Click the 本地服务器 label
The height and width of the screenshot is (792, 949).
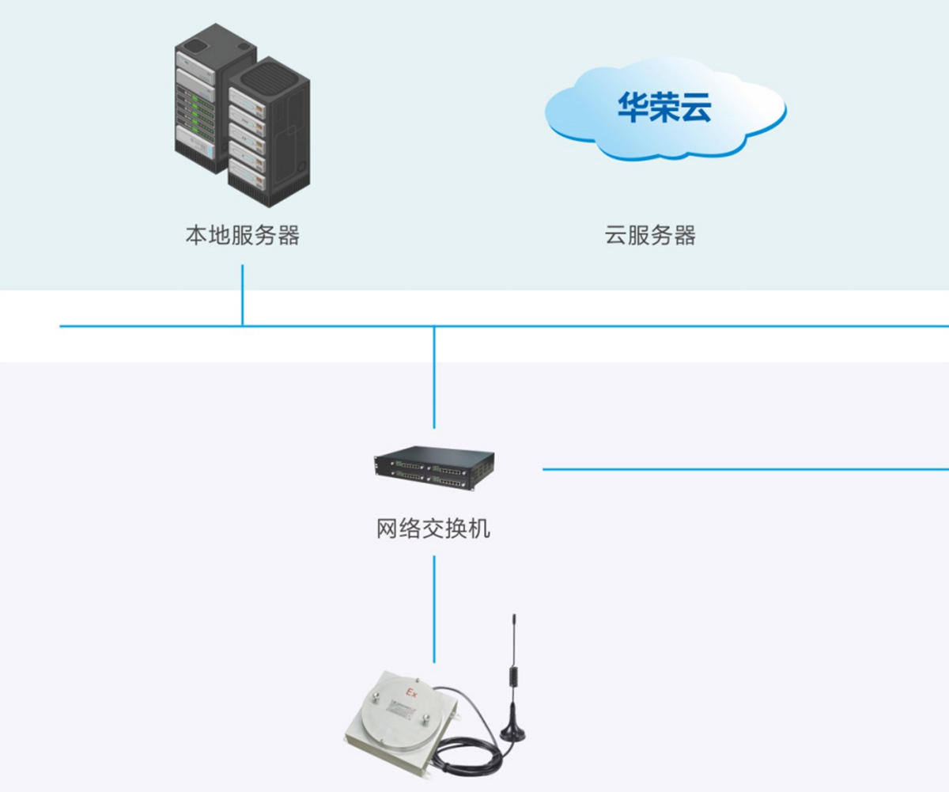point(243,235)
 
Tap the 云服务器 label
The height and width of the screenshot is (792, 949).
point(650,235)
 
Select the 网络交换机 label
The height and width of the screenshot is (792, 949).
point(433,529)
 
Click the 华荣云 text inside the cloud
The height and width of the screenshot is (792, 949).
point(664,108)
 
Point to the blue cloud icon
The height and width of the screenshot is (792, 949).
point(666,108)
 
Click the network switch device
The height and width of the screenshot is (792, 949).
point(434,469)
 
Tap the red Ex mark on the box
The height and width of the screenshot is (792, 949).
point(411,693)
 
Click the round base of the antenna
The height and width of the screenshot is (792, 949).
point(512,733)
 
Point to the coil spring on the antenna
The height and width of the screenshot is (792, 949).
point(513,678)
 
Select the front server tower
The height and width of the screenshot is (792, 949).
point(269,132)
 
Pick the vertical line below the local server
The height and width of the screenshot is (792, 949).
point(242,295)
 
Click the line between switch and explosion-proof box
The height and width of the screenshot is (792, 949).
point(434,609)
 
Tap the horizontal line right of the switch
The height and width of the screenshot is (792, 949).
point(746,469)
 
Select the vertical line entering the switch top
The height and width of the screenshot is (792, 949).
point(434,377)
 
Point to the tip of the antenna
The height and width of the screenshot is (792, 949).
point(514,615)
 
